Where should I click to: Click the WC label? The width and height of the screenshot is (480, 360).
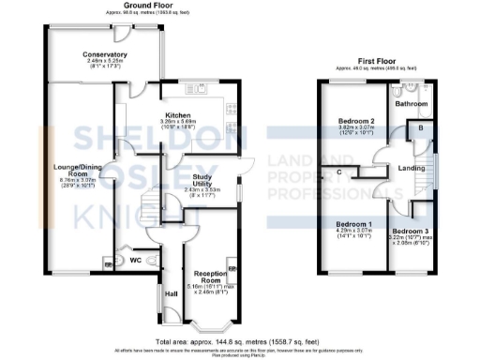(135, 259)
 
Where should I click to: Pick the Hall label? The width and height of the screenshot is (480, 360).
(172, 294)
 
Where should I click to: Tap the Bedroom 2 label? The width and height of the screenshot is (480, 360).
(357, 123)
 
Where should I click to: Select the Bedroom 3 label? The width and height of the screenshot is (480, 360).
(411, 231)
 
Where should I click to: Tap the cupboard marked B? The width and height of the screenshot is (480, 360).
(420, 127)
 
